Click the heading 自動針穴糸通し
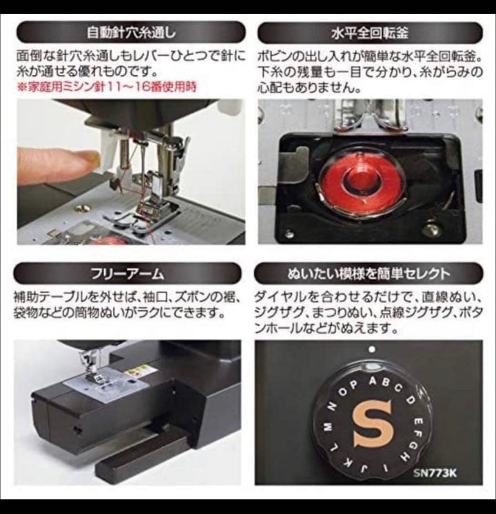coord(131,33)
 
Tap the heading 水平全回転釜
coord(369,33)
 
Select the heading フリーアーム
coord(127,274)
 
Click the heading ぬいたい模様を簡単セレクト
coord(368,274)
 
